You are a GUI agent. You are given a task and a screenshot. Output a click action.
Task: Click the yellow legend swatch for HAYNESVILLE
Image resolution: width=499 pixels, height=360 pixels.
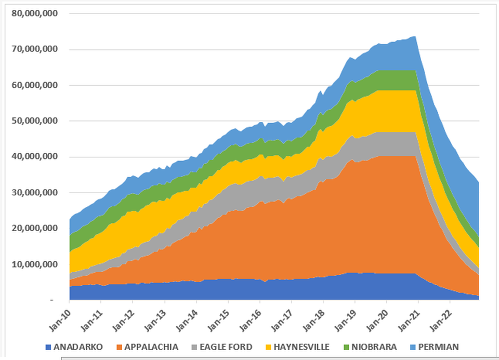tap(270, 346)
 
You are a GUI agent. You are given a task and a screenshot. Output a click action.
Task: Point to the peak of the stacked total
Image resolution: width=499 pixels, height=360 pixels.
tap(414, 36)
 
